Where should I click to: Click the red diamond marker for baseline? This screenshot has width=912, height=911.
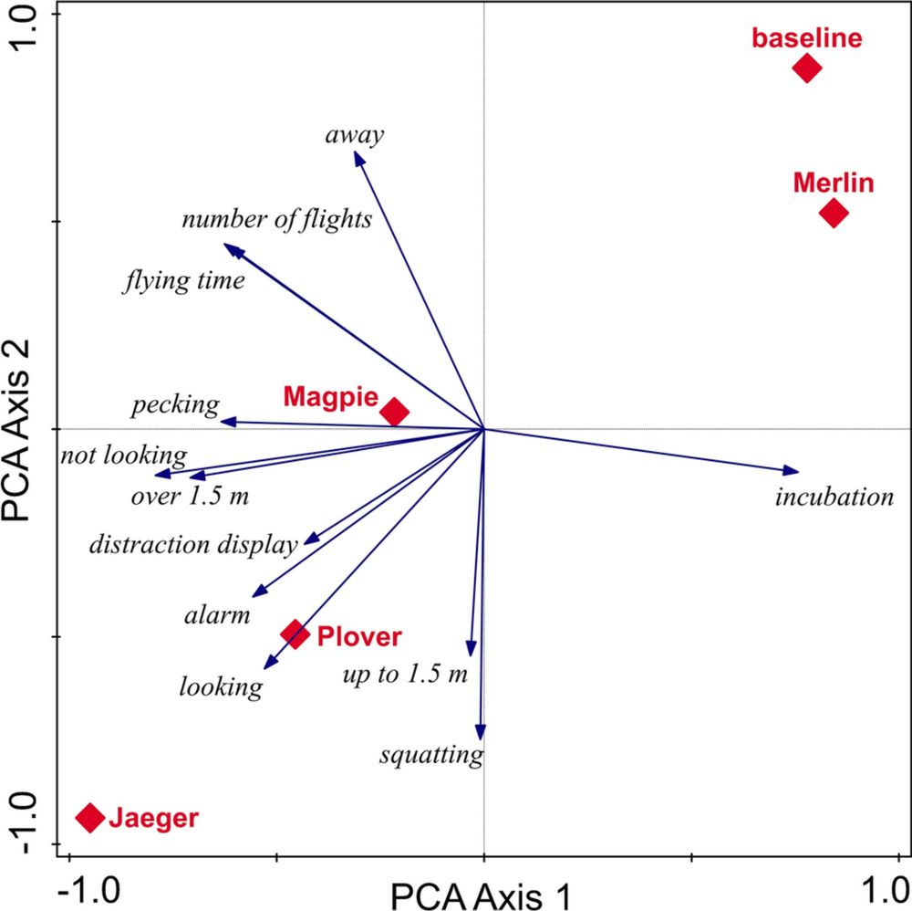pyautogui.click(x=806, y=68)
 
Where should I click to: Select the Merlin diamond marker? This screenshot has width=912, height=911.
pyautogui.click(x=834, y=214)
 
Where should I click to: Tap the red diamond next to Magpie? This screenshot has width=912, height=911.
pyautogui.click(x=394, y=412)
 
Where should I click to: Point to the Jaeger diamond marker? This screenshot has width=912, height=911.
pyautogui.click(x=89, y=817)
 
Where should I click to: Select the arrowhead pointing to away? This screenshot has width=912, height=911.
pyautogui.click(x=358, y=158)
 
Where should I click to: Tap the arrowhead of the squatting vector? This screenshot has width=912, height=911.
pyautogui.click(x=481, y=733)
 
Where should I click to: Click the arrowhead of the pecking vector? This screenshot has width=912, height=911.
pyautogui.click(x=227, y=421)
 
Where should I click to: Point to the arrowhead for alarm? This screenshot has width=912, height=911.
pyautogui.click(x=258, y=593)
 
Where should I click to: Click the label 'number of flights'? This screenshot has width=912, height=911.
pyautogui.click(x=276, y=219)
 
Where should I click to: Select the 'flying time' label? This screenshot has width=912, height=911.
pyautogui.click(x=183, y=280)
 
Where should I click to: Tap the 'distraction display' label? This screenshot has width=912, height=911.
pyautogui.click(x=193, y=546)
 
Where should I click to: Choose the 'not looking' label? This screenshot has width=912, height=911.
pyautogui.click(x=123, y=455)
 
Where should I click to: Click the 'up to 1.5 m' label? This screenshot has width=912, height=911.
pyautogui.click(x=405, y=675)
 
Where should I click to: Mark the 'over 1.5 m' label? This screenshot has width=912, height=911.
pyautogui.click(x=190, y=497)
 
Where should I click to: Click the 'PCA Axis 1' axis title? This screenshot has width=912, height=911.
pyautogui.click(x=482, y=895)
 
